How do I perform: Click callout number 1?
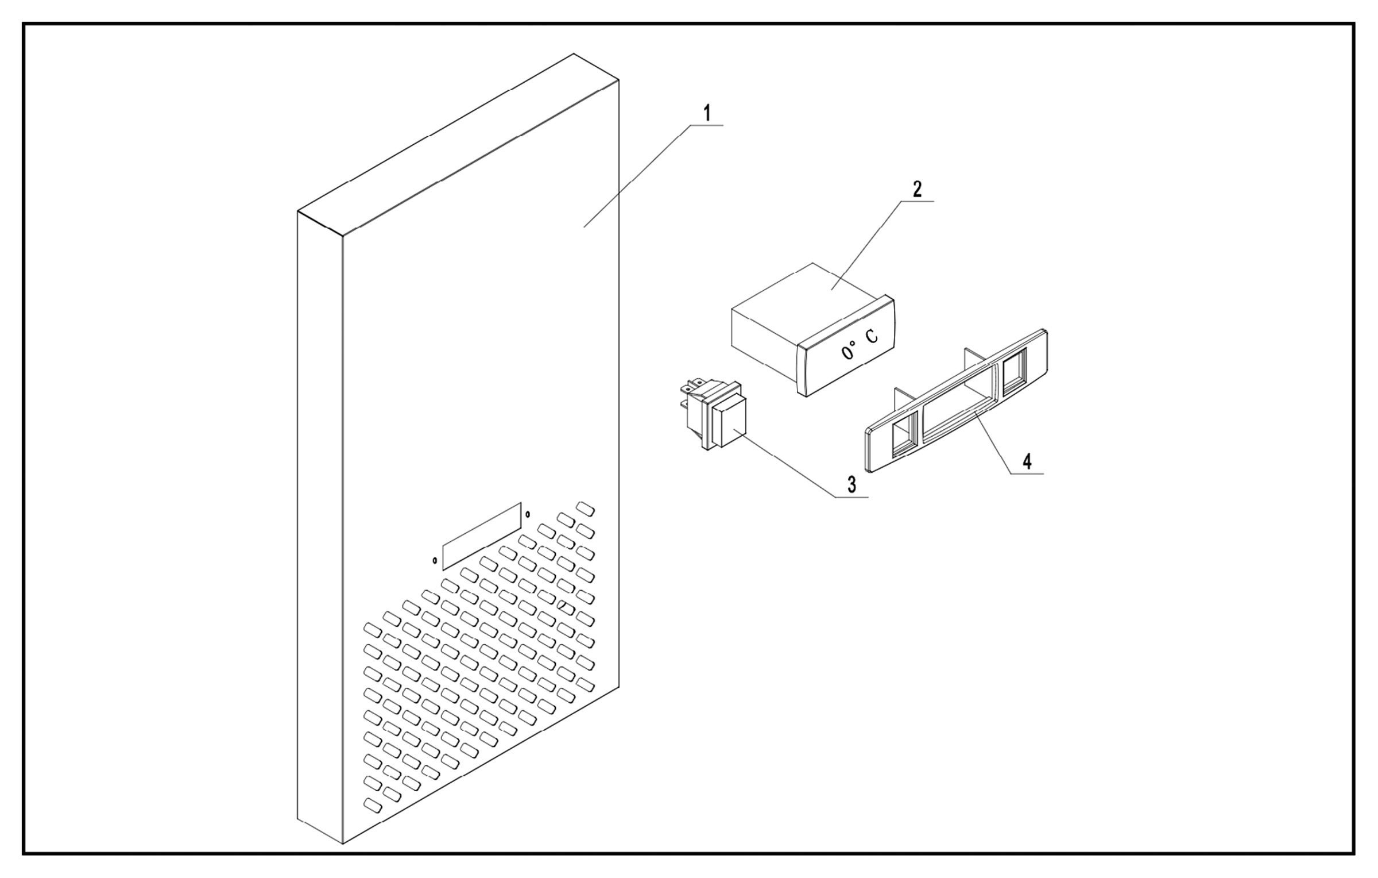coord(707,114)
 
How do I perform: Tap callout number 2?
coord(917,189)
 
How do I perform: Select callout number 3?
coord(852,484)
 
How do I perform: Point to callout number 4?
coord(1027,461)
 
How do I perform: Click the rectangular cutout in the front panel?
coord(482,536)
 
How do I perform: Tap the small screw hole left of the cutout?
coord(435,560)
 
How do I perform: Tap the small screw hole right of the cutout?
coord(528,514)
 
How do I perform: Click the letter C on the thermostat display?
coord(872,337)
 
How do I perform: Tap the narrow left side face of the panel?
coord(320,517)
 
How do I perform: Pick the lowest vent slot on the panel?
coord(373,806)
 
